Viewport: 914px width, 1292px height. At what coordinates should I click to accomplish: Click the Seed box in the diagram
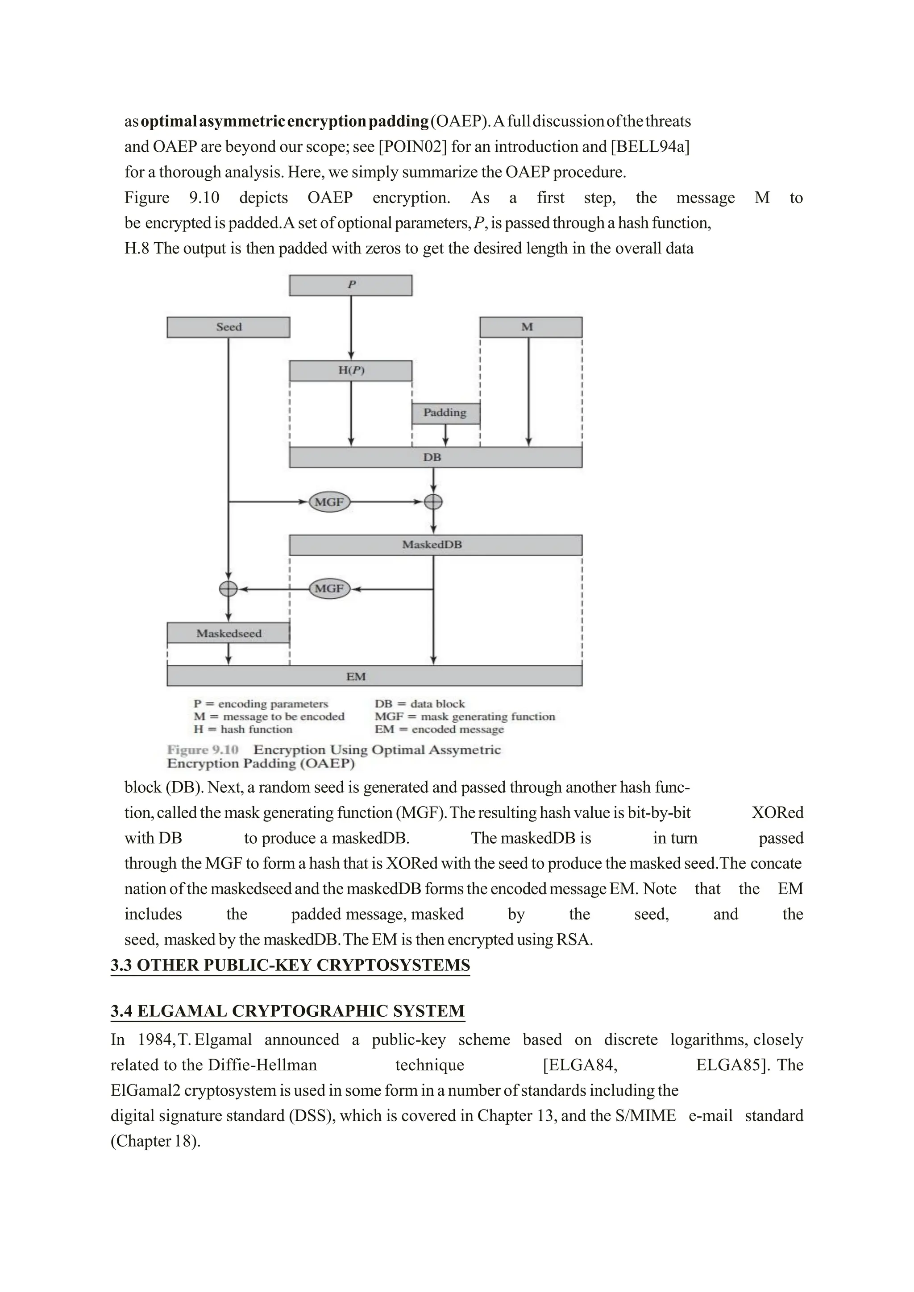pyautogui.click(x=228, y=327)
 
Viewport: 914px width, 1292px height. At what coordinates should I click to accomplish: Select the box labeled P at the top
pyautogui.click(x=351, y=285)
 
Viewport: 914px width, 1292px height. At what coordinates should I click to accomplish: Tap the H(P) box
pyautogui.click(x=351, y=370)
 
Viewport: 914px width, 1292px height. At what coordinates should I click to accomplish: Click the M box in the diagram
pyautogui.click(x=530, y=327)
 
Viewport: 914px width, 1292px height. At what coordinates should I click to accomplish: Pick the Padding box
pyautogui.click(x=445, y=413)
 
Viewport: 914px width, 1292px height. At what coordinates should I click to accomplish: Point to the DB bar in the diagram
pyautogui.click(x=435, y=457)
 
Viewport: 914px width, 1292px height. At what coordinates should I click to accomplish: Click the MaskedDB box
pyautogui.click(x=435, y=545)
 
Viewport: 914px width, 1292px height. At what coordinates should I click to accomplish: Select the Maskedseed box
pyautogui.click(x=228, y=633)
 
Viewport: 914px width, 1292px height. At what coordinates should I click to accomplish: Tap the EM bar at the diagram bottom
pyautogui.click(x=374, y=676)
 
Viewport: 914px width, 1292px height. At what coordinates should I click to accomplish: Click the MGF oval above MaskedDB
pyautogui.click(x=329, y=501)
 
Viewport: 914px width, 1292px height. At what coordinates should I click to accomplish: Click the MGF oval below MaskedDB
pyautogui.click(x=329, y=588)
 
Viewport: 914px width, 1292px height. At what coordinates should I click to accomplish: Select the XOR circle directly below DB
pyautogui.click(x=433, y=501)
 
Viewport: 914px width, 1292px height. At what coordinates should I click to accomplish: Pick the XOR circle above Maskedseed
pyautogui.click(x=228, y=588)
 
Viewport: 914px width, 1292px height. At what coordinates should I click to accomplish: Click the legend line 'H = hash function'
pyautogui.click(x=243, y=729)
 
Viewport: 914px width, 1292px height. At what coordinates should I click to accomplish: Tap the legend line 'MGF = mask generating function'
pyautogui.click(x=464, y=716)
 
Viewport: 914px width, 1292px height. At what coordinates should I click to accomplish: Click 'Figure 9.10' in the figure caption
pyautogui.click(x=203, y=750)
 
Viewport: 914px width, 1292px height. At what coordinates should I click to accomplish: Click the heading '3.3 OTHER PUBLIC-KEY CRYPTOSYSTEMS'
pyautogui.click(x=290, y=965)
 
